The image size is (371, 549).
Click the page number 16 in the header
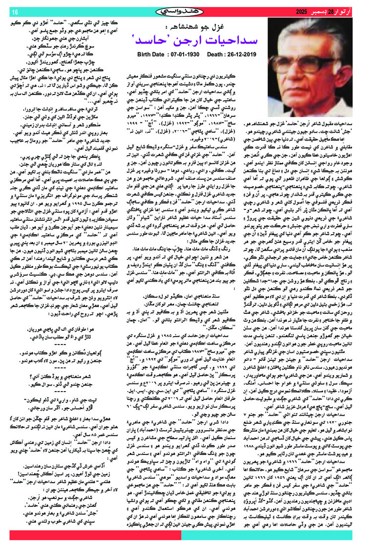point(14,11)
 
